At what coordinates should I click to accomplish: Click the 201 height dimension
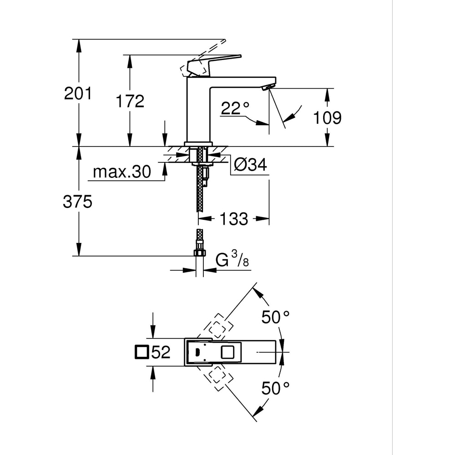(x=78, y=93)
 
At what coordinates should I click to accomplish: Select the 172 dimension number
(x=130, y=101)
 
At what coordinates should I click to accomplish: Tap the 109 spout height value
(x=327, y=118)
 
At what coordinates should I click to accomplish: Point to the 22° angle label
(x=235, y=108)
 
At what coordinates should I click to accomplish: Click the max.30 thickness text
(x=121, y=172)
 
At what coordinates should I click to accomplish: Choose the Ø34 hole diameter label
(x=250, y=165)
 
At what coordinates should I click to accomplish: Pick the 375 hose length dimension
(x=78, y=202)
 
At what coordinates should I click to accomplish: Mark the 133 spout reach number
(x=234, y=219)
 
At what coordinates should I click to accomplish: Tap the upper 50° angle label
(x=275, y=317)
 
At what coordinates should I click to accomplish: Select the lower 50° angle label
(x=275, y=388)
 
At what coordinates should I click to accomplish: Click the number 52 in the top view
(x=161, y=352)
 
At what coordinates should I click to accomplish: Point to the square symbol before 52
(x=142, y=352)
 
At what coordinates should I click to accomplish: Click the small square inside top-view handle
(x=227, y=353)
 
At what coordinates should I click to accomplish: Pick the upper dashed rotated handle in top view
(x=217, y=327)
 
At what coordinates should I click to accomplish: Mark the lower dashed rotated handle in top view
(x=218, y=377)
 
